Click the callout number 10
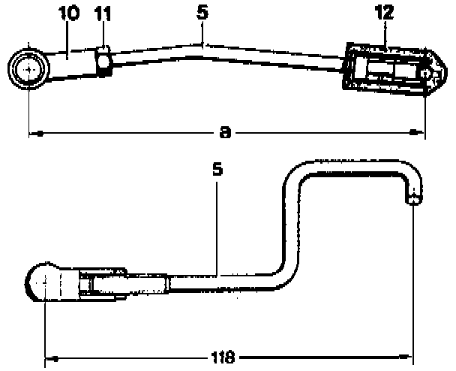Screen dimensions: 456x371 pos(69,13)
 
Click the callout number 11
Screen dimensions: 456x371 pos(103,14)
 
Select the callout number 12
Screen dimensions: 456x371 pos(384,12)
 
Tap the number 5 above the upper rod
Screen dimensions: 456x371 pos(202,13)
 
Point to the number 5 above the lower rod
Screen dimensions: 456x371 pos(217,169)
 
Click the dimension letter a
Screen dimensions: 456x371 pos(225,132)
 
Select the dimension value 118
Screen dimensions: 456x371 pos(223,357)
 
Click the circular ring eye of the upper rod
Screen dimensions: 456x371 pos(28,69)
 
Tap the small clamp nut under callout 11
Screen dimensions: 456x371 pos(103,62)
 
